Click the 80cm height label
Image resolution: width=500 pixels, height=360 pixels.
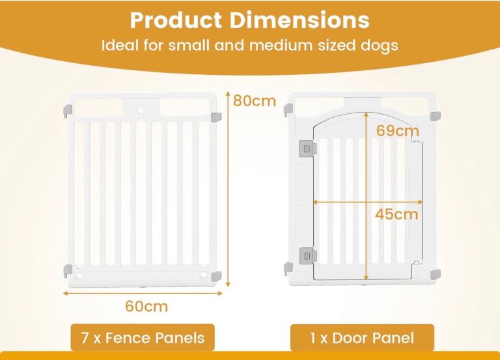tap(255, 101)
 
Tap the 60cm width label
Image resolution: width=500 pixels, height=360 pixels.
tap(146, 306)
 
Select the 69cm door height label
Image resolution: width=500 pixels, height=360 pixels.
tap(397, 130)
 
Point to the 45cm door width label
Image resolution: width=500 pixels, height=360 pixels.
tap(396, 214)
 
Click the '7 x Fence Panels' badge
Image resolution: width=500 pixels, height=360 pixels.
tap(143, 337)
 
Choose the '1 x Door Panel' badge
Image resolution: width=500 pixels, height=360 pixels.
tap(362, 338)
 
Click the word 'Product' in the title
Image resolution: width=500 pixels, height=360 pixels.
tap(176, 20)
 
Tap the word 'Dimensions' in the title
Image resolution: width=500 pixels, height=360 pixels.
tap(299, 20)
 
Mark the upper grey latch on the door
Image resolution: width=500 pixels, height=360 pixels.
tap(308, 147)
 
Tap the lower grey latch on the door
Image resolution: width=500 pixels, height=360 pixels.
tap(308, 256)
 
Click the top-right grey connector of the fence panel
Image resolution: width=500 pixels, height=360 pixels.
tap(217, 117)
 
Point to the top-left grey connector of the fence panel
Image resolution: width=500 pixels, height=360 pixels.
tap(68, 110)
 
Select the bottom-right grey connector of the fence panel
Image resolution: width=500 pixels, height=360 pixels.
tap(217, 276)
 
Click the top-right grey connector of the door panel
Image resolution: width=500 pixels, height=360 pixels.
tap(436, 116)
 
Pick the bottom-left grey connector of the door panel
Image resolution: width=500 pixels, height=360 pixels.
tap(288, 268)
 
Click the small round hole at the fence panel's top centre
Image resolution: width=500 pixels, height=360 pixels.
tap(141, 110)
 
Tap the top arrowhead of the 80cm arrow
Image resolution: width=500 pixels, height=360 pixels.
tap(228, 93)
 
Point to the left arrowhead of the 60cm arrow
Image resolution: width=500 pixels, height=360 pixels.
tap(66, 293)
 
